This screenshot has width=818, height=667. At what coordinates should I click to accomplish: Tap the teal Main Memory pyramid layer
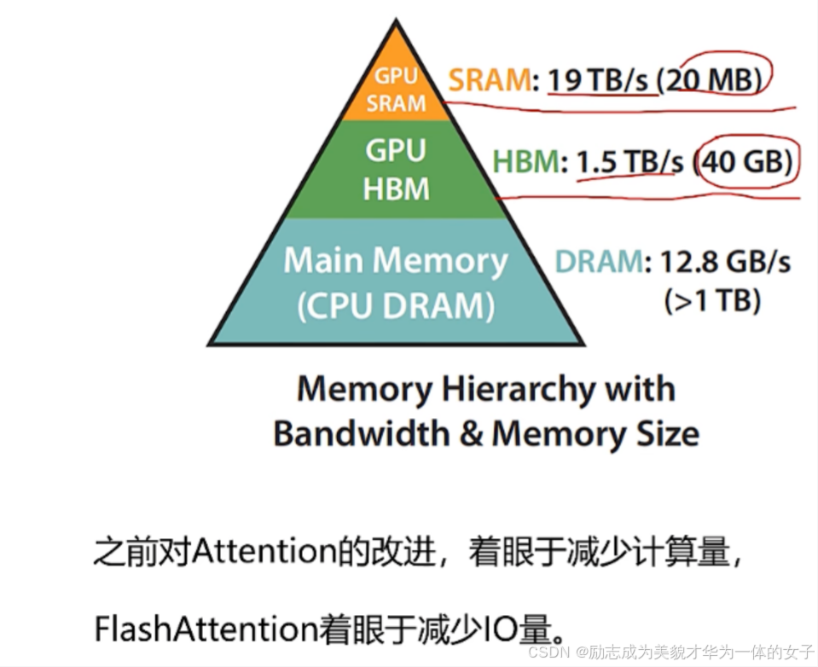click(396, 282)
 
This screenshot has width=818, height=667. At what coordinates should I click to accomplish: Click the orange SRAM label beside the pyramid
click(489, 80)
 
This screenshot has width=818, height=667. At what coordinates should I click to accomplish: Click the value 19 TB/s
click(600, 80)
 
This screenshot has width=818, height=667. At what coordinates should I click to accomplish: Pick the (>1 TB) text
click(711, 300)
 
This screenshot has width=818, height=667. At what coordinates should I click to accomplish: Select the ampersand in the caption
click(471, 434)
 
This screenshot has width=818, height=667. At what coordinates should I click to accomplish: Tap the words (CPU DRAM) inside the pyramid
click(396, 306)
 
